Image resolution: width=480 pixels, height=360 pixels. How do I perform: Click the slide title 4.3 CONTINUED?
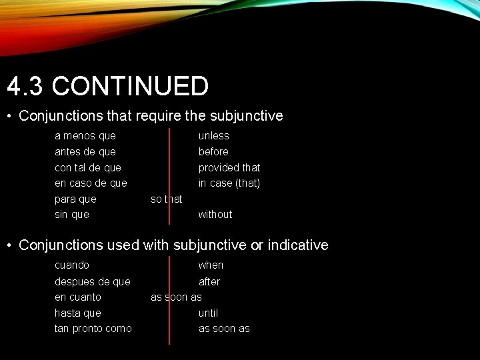[108, 87]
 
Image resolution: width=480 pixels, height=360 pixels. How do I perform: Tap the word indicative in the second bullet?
[298, 245]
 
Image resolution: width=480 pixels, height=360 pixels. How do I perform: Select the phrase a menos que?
[85, 136]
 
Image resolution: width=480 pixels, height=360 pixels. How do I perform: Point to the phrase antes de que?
[85, 152]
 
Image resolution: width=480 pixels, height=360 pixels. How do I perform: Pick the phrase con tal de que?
[88, 167]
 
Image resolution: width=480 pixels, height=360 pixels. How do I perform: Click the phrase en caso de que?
[91, 183]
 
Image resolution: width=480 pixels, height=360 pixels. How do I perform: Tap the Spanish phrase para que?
[75, 199]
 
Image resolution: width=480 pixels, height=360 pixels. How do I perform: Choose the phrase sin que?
[72, 214]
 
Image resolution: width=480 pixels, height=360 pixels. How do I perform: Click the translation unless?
[213, 136]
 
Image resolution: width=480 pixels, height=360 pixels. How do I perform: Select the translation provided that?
[229, 167]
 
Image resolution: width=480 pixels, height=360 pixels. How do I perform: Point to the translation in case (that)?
[229, 183]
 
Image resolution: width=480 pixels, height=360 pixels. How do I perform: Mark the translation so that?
[167, 199]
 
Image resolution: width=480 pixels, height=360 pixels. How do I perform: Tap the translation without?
[215, 214]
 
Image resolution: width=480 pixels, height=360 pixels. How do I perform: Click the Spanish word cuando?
[72, 265]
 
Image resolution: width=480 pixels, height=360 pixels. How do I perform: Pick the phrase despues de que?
[93, 282]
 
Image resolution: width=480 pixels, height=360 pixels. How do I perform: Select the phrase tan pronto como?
[93, 329]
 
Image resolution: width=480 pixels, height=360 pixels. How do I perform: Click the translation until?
[208, 313]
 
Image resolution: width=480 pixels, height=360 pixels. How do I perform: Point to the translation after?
[209, 282]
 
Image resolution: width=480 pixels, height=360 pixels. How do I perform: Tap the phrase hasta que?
[78, 313]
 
